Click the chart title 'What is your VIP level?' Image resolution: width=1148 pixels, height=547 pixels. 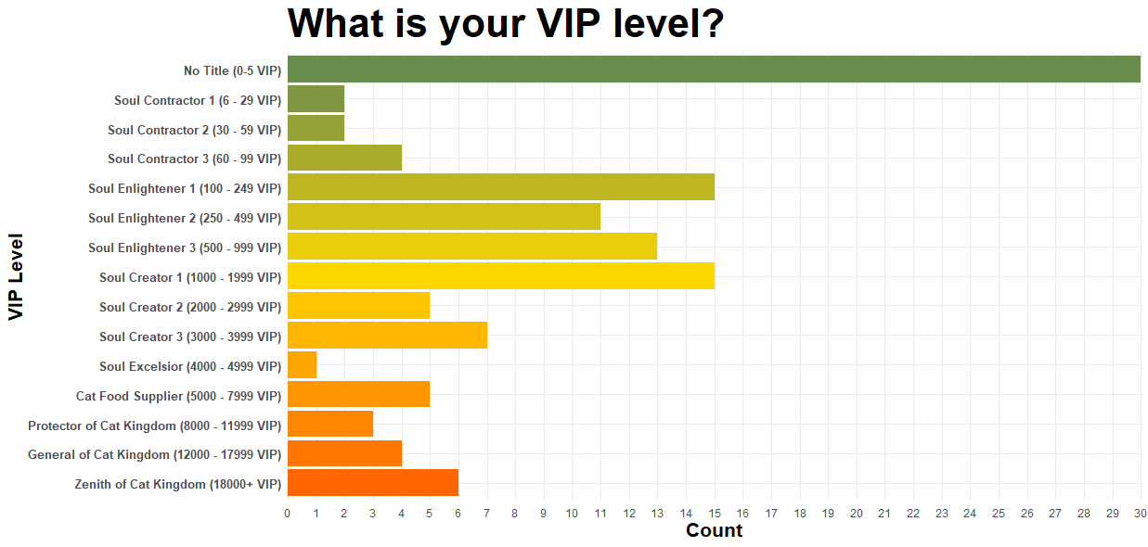pos(506,24)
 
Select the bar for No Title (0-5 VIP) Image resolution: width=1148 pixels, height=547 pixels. pos(714,70)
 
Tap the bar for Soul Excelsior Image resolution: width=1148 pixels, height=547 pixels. pos(302,365)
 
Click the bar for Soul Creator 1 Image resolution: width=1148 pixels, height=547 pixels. pos(501,276)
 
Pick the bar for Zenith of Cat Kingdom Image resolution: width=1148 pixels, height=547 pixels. pos(373,483)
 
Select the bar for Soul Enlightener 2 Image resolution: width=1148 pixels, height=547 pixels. pos(444,217)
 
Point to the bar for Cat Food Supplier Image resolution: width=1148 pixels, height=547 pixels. pos(358,395)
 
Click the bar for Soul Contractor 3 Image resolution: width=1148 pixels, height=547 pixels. pos(344,158)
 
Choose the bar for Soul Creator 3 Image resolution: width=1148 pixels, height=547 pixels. pos(387,336)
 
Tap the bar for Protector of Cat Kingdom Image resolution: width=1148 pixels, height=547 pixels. pos(330,424)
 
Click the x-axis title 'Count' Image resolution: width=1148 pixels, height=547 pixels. pos(714,531)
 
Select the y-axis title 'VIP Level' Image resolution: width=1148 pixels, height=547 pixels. pos(16,276)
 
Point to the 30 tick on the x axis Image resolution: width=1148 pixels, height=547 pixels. pos(1141,514)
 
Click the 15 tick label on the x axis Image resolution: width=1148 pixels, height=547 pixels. pos(714,514)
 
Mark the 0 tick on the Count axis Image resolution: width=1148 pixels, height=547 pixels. pos(288,514)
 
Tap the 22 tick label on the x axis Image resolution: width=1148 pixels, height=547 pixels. pos(913,514)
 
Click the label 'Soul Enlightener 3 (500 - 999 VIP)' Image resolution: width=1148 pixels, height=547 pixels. pos(185,248)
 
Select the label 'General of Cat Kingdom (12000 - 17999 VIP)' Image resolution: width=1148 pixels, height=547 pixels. pos(154,454)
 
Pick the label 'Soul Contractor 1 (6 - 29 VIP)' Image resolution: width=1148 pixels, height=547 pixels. pos(198,100)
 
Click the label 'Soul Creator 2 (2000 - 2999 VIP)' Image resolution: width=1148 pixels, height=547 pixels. pos(190,307)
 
